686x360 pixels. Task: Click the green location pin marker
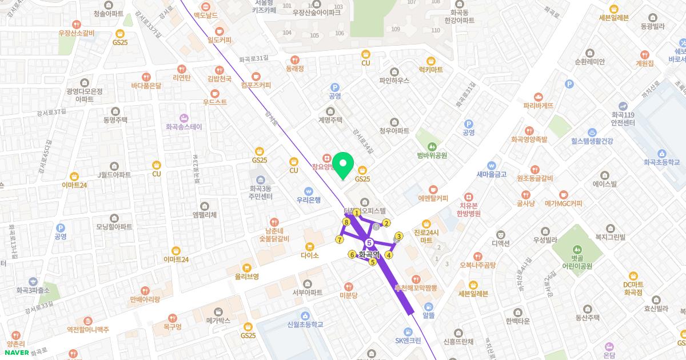(343, 166)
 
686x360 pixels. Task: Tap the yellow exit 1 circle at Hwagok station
(357, 213)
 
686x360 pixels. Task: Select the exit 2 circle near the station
(386, 223)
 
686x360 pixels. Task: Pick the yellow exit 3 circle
(399, 235)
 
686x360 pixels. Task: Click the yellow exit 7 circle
(340, 239)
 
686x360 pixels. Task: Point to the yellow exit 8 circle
(346, 222)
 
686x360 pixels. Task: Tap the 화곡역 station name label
(369, 255)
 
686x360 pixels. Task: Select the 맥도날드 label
(205, 15)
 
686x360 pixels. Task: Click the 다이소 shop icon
(309, 247)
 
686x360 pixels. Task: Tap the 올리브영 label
(247, 276)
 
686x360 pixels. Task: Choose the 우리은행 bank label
(308, 200)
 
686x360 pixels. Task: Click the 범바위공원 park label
(432, 155)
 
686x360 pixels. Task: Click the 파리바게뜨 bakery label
(538, 105)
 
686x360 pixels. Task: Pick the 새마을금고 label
(491, 174)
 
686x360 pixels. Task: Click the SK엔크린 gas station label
(408, 341)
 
